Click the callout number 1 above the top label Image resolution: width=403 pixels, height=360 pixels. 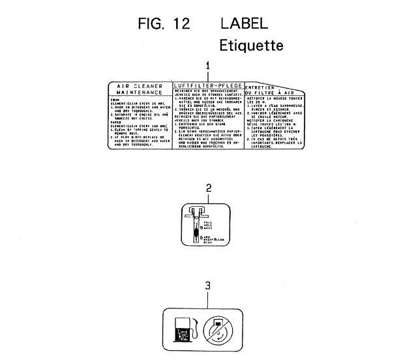[208, 65]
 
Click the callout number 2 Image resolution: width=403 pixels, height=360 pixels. [208, 188]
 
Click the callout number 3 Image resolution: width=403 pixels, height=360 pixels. [208, 286]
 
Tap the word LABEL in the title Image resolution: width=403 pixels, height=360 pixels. [244, 23]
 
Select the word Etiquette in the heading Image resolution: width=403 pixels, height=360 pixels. [251, 46]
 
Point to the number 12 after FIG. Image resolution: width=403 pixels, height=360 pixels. [177, 23]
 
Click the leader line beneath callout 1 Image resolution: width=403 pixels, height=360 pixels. [208, 75]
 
